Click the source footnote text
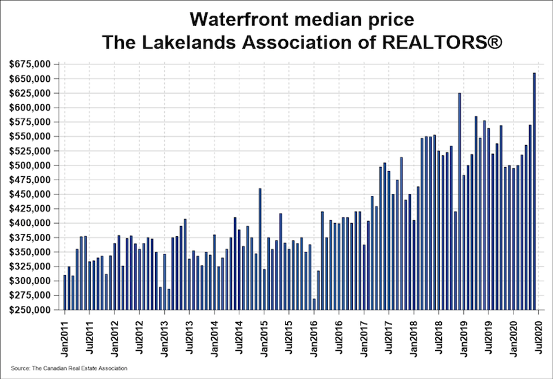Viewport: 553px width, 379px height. (69, 368)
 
